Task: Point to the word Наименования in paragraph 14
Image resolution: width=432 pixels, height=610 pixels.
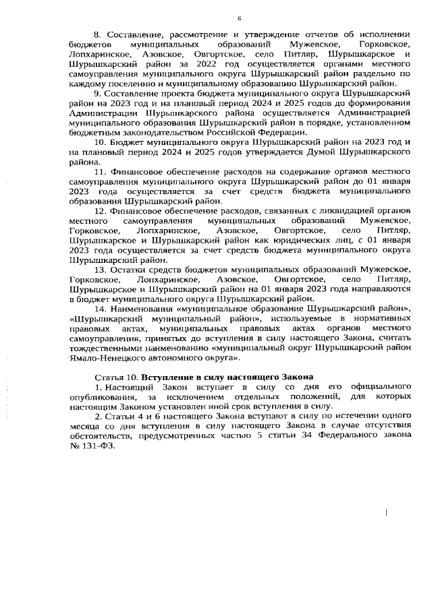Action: tap(145, 307)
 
